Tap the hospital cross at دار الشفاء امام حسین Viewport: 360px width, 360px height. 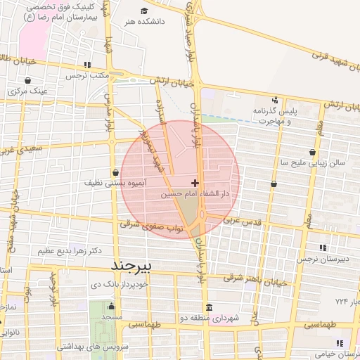(x=195, y=183)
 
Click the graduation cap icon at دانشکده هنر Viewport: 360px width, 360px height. (x=145, y=11)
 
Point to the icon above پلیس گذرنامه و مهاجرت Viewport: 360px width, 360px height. (x=275, y=100)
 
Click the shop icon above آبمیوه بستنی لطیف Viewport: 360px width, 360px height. (x=115, y=172)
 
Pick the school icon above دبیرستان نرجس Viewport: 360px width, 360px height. (x=323, y=247)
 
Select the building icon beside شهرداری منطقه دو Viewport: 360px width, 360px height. (x=210, y=308)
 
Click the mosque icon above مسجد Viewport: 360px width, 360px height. (x=110, y=307)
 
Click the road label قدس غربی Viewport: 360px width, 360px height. (x=242, y=221)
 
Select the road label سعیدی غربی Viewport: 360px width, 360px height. (x=21, y=149)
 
